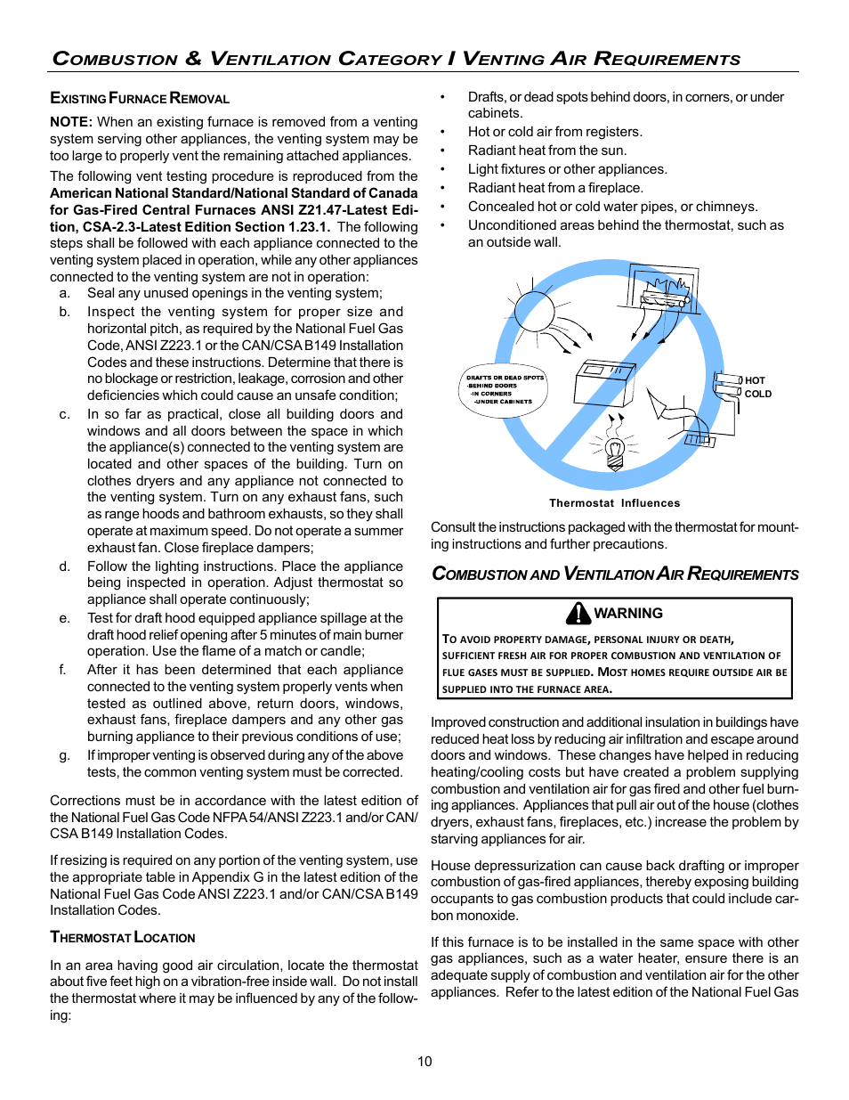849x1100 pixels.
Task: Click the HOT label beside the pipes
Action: (x=755, y=380)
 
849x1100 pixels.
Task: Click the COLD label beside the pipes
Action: (x=757, y=394)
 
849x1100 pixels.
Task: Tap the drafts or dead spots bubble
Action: (x=503, y=390)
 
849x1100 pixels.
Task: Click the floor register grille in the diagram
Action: (x=699, y=439)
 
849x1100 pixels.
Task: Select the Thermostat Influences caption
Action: (x=614, y=503)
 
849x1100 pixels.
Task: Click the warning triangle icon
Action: (x=578, y=613)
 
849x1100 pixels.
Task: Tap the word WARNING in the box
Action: (x=628, y=614)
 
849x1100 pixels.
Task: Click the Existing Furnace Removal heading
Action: (x=140, y=98)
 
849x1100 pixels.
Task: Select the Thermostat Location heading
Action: (x=123, y=937)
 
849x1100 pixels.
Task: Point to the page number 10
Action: (x=424, y=1062)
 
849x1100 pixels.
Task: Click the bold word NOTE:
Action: (x=71, y=122)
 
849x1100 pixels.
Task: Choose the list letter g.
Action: (x=64, y=755)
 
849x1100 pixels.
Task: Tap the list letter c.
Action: (x=64, y=414)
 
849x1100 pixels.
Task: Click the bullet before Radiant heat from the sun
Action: (x=442, y=151)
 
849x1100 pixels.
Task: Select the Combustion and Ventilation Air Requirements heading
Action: (x=615, y=574)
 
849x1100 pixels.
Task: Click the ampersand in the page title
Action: (x=193, y=59)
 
